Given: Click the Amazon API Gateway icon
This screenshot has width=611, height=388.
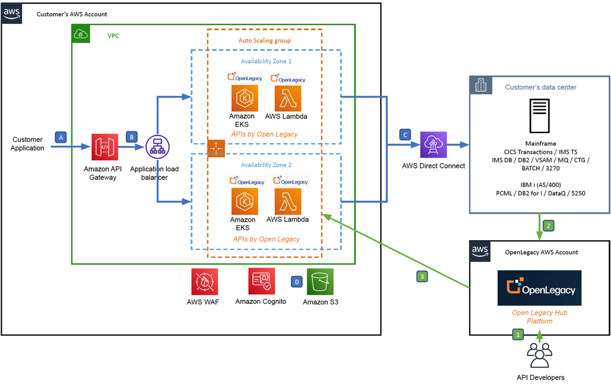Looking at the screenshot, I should tap(104, 147).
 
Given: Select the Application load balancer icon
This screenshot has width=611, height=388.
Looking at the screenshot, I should tap(158, 147).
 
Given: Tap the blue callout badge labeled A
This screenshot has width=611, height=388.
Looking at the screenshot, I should tap(61, 137).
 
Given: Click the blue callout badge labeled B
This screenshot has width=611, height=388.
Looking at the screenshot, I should tap(132, 137).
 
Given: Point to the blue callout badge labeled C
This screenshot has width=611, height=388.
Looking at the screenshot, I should tap(405, 135).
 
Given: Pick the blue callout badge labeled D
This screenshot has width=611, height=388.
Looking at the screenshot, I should tap(297, 282).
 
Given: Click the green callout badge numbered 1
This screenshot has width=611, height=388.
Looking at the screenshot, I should tap(518, 334).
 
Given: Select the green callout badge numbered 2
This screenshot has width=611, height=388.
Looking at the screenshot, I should tap(548, 226).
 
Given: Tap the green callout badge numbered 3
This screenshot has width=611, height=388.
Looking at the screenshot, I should tap(422, 276).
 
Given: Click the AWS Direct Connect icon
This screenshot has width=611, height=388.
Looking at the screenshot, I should tap(433, 145).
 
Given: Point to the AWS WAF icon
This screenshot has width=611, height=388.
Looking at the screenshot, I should tap(204, 282).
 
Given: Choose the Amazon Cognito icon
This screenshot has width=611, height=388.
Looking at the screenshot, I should tap(262, 281).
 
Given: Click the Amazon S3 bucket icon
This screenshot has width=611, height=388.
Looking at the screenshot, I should tap(320, 282).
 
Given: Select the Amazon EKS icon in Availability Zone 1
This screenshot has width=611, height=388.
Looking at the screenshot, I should tap(244, 98).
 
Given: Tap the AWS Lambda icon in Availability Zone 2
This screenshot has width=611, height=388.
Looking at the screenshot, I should tap(288, 202).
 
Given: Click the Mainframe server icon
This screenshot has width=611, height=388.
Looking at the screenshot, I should tap(540, 116).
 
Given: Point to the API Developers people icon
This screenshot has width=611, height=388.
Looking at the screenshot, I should tap(540, 355).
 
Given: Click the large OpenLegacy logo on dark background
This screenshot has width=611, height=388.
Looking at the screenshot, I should tap(539, 288).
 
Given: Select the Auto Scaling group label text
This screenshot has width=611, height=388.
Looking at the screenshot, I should tap(265, 41).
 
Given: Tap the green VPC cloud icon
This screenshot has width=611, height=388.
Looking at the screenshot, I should tap(81, 34).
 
